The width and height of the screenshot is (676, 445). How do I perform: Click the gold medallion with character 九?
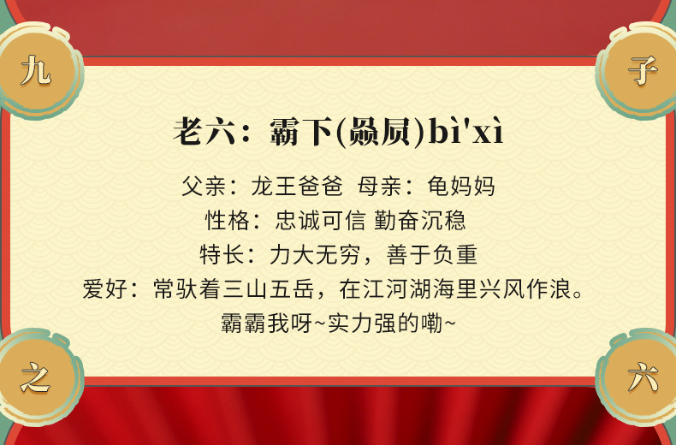pos(36,70)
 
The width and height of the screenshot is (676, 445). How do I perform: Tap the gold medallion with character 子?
pos(642,70)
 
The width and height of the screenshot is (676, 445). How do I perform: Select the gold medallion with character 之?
pos(36,377)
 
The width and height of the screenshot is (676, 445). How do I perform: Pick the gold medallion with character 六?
pos(642,377)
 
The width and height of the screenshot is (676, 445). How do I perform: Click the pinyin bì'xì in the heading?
pos(466,133)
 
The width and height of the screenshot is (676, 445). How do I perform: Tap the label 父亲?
pos(203,186)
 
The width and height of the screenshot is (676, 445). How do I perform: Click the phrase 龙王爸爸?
pos(296,186)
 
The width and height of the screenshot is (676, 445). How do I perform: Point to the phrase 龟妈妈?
pos(461,186)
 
